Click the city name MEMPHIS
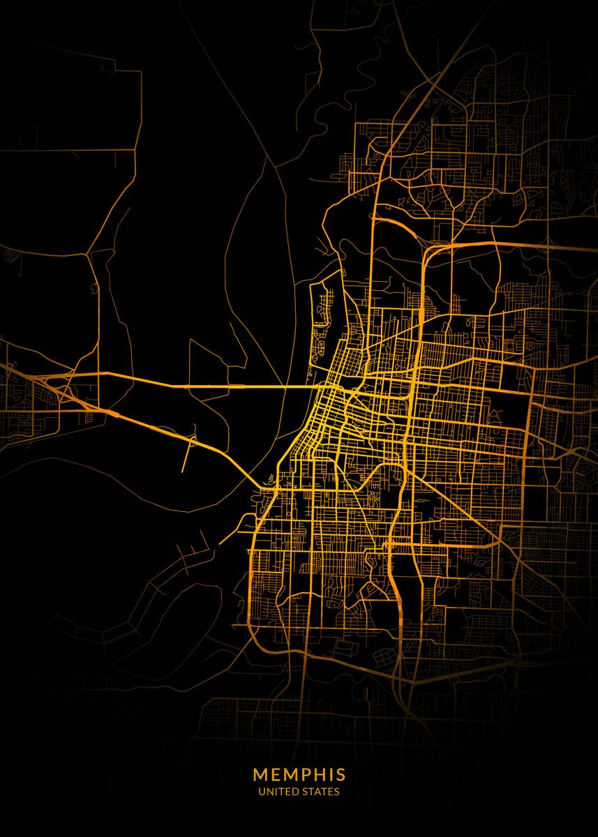[299, 774]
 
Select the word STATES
[320, 792]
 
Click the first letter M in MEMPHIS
[260, 774]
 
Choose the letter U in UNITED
[262, 792]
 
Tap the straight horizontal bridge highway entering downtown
[209, 385]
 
